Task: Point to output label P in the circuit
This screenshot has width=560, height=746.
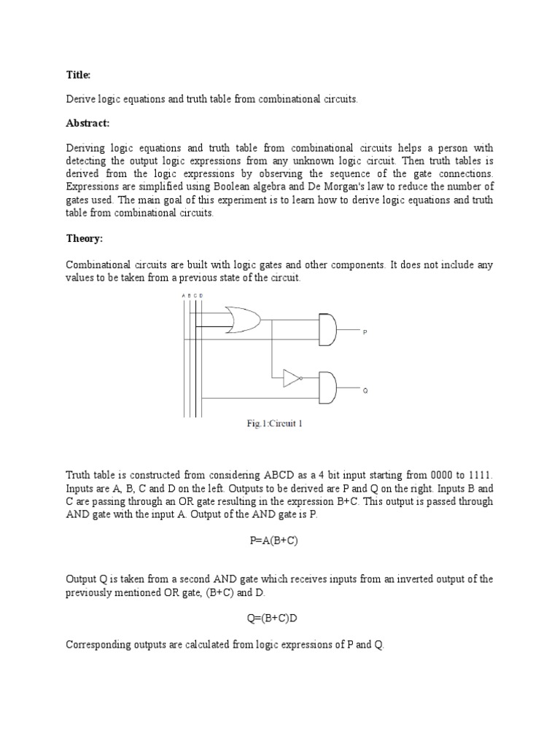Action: coord(365,331)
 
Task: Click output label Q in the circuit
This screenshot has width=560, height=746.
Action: coord(365,391)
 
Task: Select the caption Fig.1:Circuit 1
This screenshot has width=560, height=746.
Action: coord(274,424)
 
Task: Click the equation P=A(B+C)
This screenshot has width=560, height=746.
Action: coord(274,541)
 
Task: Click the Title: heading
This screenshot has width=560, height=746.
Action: coord(78,74)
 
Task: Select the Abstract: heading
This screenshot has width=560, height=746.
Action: coord(87,124)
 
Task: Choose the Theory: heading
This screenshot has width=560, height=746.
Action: coord(83,239)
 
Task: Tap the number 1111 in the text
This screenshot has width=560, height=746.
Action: coord(479,475)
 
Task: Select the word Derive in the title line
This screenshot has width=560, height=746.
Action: coord(81,99)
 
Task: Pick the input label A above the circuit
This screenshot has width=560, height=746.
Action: coord(183,295)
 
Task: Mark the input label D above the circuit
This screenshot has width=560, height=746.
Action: coord(201,295)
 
